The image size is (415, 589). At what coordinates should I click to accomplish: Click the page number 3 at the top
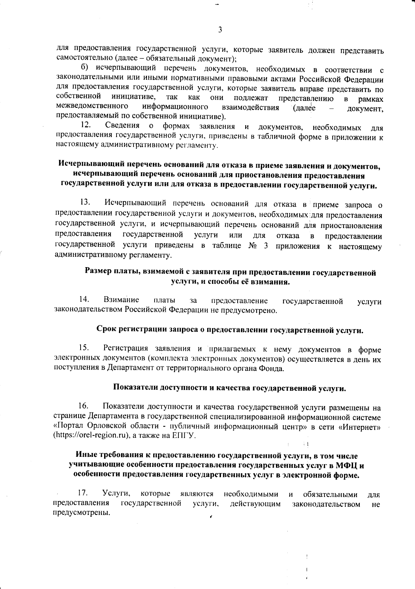click(220, 30)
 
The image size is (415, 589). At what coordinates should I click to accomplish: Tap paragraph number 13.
click(85, 202)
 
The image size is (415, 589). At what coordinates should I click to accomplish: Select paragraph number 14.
click(85, 299)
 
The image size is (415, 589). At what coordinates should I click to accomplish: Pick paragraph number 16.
click(84, 405)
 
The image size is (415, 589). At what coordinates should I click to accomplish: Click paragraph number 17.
click(84, 493)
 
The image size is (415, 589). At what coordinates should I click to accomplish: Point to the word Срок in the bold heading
click(106, 330)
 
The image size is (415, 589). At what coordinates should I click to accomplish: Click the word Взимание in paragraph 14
click(121, 300)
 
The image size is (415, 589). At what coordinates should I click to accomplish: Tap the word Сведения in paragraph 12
click(122, 125)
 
